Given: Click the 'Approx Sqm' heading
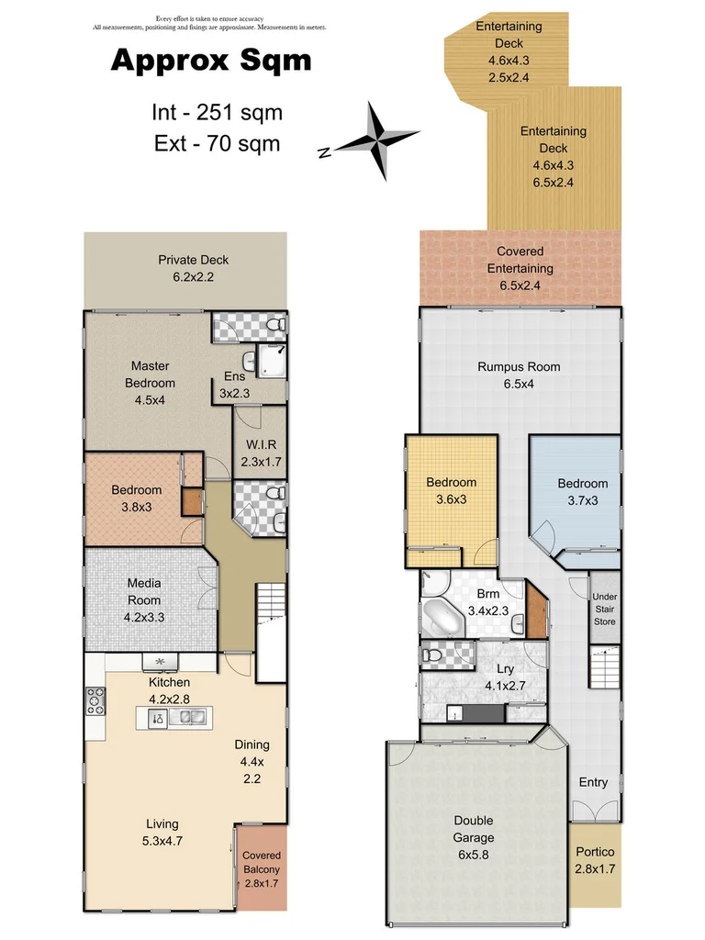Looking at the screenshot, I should click(210, 61).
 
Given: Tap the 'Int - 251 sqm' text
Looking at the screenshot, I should click(217, 113).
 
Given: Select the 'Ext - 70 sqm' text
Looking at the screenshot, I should click(217, 143).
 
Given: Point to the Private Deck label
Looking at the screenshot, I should click(193, 268).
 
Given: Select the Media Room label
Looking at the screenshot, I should click(144, 600).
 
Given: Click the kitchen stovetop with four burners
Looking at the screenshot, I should click(95, 702).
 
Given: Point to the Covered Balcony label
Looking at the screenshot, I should click(261, 869).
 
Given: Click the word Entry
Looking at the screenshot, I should click(593, 782).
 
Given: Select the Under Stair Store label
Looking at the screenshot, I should click(604, 609).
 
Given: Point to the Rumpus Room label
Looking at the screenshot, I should click(518, 375).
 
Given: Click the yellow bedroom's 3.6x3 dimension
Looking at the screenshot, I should click(451, 500).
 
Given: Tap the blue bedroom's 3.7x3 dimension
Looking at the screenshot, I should click(582, 501).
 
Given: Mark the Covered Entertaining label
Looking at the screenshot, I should click(520, 268).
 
